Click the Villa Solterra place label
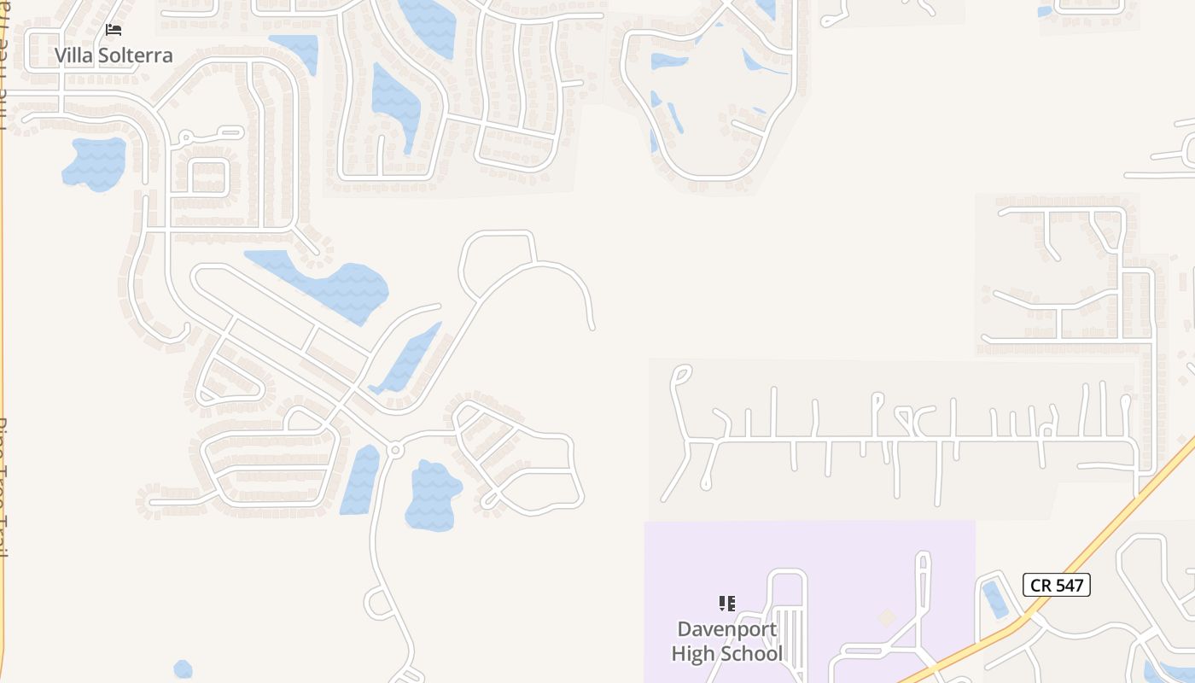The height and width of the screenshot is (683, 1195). click(114, 55)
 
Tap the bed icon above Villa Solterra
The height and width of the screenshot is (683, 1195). click(114, 30)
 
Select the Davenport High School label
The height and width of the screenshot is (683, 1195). click(726, 641)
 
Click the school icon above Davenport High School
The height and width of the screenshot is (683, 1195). click(726, 604)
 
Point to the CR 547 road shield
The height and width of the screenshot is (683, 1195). click(1057, 585)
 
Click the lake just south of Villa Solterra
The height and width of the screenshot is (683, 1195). click(95, 163)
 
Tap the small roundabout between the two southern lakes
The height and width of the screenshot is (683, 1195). click(394, 449)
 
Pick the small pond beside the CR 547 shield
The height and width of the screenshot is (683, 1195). click(995, 598)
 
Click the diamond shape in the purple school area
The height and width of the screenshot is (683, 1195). click(888, 616)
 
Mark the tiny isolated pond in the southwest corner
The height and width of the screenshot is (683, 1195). click(183, 669)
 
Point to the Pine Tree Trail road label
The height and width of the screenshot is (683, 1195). click(5, 487)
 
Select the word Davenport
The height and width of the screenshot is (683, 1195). click(715, 629)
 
